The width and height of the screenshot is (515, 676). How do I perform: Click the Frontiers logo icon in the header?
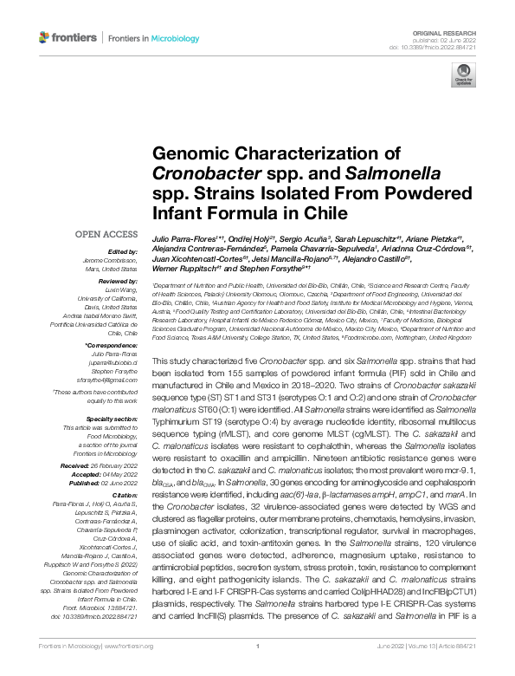coord(45,38)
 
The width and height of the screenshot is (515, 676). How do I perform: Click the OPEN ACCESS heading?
coord(106,234)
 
